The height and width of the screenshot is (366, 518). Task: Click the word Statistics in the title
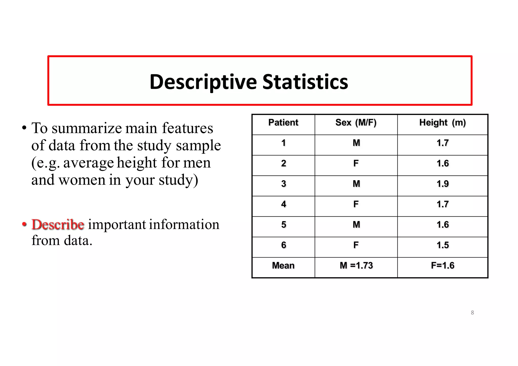point(305,82)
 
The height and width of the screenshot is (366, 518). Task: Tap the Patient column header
point(283,123)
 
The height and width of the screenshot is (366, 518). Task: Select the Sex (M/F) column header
point(356,123)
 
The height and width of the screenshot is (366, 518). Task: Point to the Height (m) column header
point(442,123)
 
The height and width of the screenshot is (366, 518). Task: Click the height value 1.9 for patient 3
point(443,184)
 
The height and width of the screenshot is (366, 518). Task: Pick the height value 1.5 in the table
point(443,245)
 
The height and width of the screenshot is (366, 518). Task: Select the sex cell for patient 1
point(356,143)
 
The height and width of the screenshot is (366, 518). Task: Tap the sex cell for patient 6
point(356,245)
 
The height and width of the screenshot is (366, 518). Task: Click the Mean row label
point(283,266)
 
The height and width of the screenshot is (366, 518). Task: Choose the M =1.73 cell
point(356,266)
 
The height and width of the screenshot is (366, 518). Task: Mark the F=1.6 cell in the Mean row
point(443,266)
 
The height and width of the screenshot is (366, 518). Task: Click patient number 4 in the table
point(284,204)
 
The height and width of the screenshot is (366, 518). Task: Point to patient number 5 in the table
point(284,225)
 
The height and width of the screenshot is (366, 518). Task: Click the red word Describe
point(58,224)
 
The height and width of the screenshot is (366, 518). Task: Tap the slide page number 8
point(472,313)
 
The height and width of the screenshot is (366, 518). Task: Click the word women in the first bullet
point(82,180)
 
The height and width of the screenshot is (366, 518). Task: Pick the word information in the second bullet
point(184,224)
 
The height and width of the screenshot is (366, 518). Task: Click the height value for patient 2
point(443,164)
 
